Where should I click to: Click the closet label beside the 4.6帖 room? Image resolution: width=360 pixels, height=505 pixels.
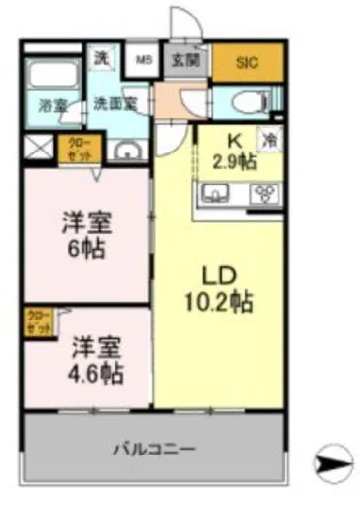tap(38, 320)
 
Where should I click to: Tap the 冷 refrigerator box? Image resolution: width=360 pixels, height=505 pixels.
tap(269, 141)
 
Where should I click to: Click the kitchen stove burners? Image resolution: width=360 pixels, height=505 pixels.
tap(261, 192)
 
